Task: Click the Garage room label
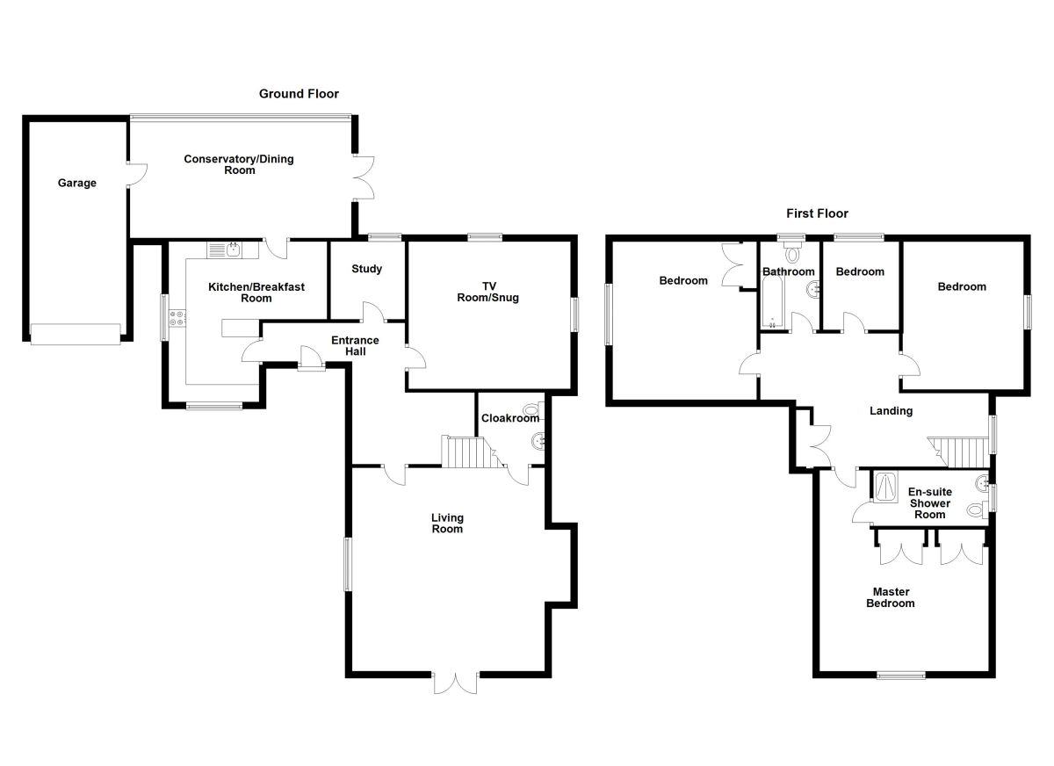pyautogui.click(x=77, y=184)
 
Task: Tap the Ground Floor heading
pyautogui.click(x=299, y=94)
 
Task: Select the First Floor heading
pyautogui.click(x=817, y=213)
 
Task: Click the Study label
pyautogui.click(x=366, y=269)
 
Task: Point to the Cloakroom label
pyautogui.click(x=509, y=419)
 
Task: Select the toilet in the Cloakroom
pyautogui.click(x=532, y=408)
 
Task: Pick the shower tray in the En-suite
pyautogui.click(x=885, y=487)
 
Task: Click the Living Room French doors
pyautogui.click(x=455, y=682)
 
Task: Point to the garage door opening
pyautogui.click(x=75, y=334)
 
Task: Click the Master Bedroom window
pyautogui.click(x=901, y=675)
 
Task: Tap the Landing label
pyautogui.click(x=891, y=411)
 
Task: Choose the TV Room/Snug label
pyautogui.click(x=487, y=292)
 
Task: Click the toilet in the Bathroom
pyautogui.click(x=795, y=255)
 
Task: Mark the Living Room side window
pyautogui.click(x=347, y=564)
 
